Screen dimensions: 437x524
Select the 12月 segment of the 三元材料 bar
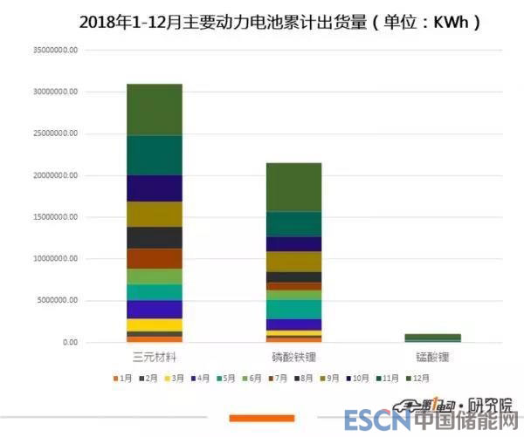154,109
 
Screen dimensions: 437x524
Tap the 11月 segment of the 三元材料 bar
154,155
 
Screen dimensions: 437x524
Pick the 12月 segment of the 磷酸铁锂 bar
293,187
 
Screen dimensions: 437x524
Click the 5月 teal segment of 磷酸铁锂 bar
293,309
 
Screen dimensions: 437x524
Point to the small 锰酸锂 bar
433,338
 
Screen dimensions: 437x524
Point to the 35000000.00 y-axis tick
55,50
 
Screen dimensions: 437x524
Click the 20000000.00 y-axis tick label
55,175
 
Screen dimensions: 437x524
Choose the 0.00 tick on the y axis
70,343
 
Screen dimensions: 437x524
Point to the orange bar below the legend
261,419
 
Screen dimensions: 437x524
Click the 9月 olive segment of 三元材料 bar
154,214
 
